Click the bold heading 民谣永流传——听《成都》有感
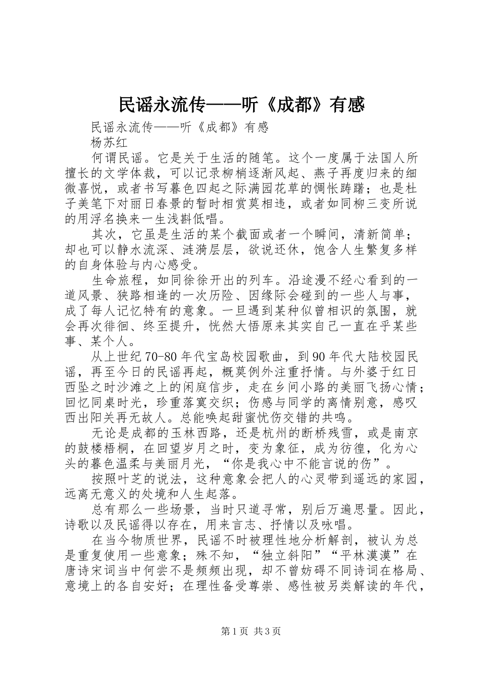pos(241,105)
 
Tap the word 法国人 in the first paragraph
pos(373,158)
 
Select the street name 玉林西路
pos(189,433)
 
